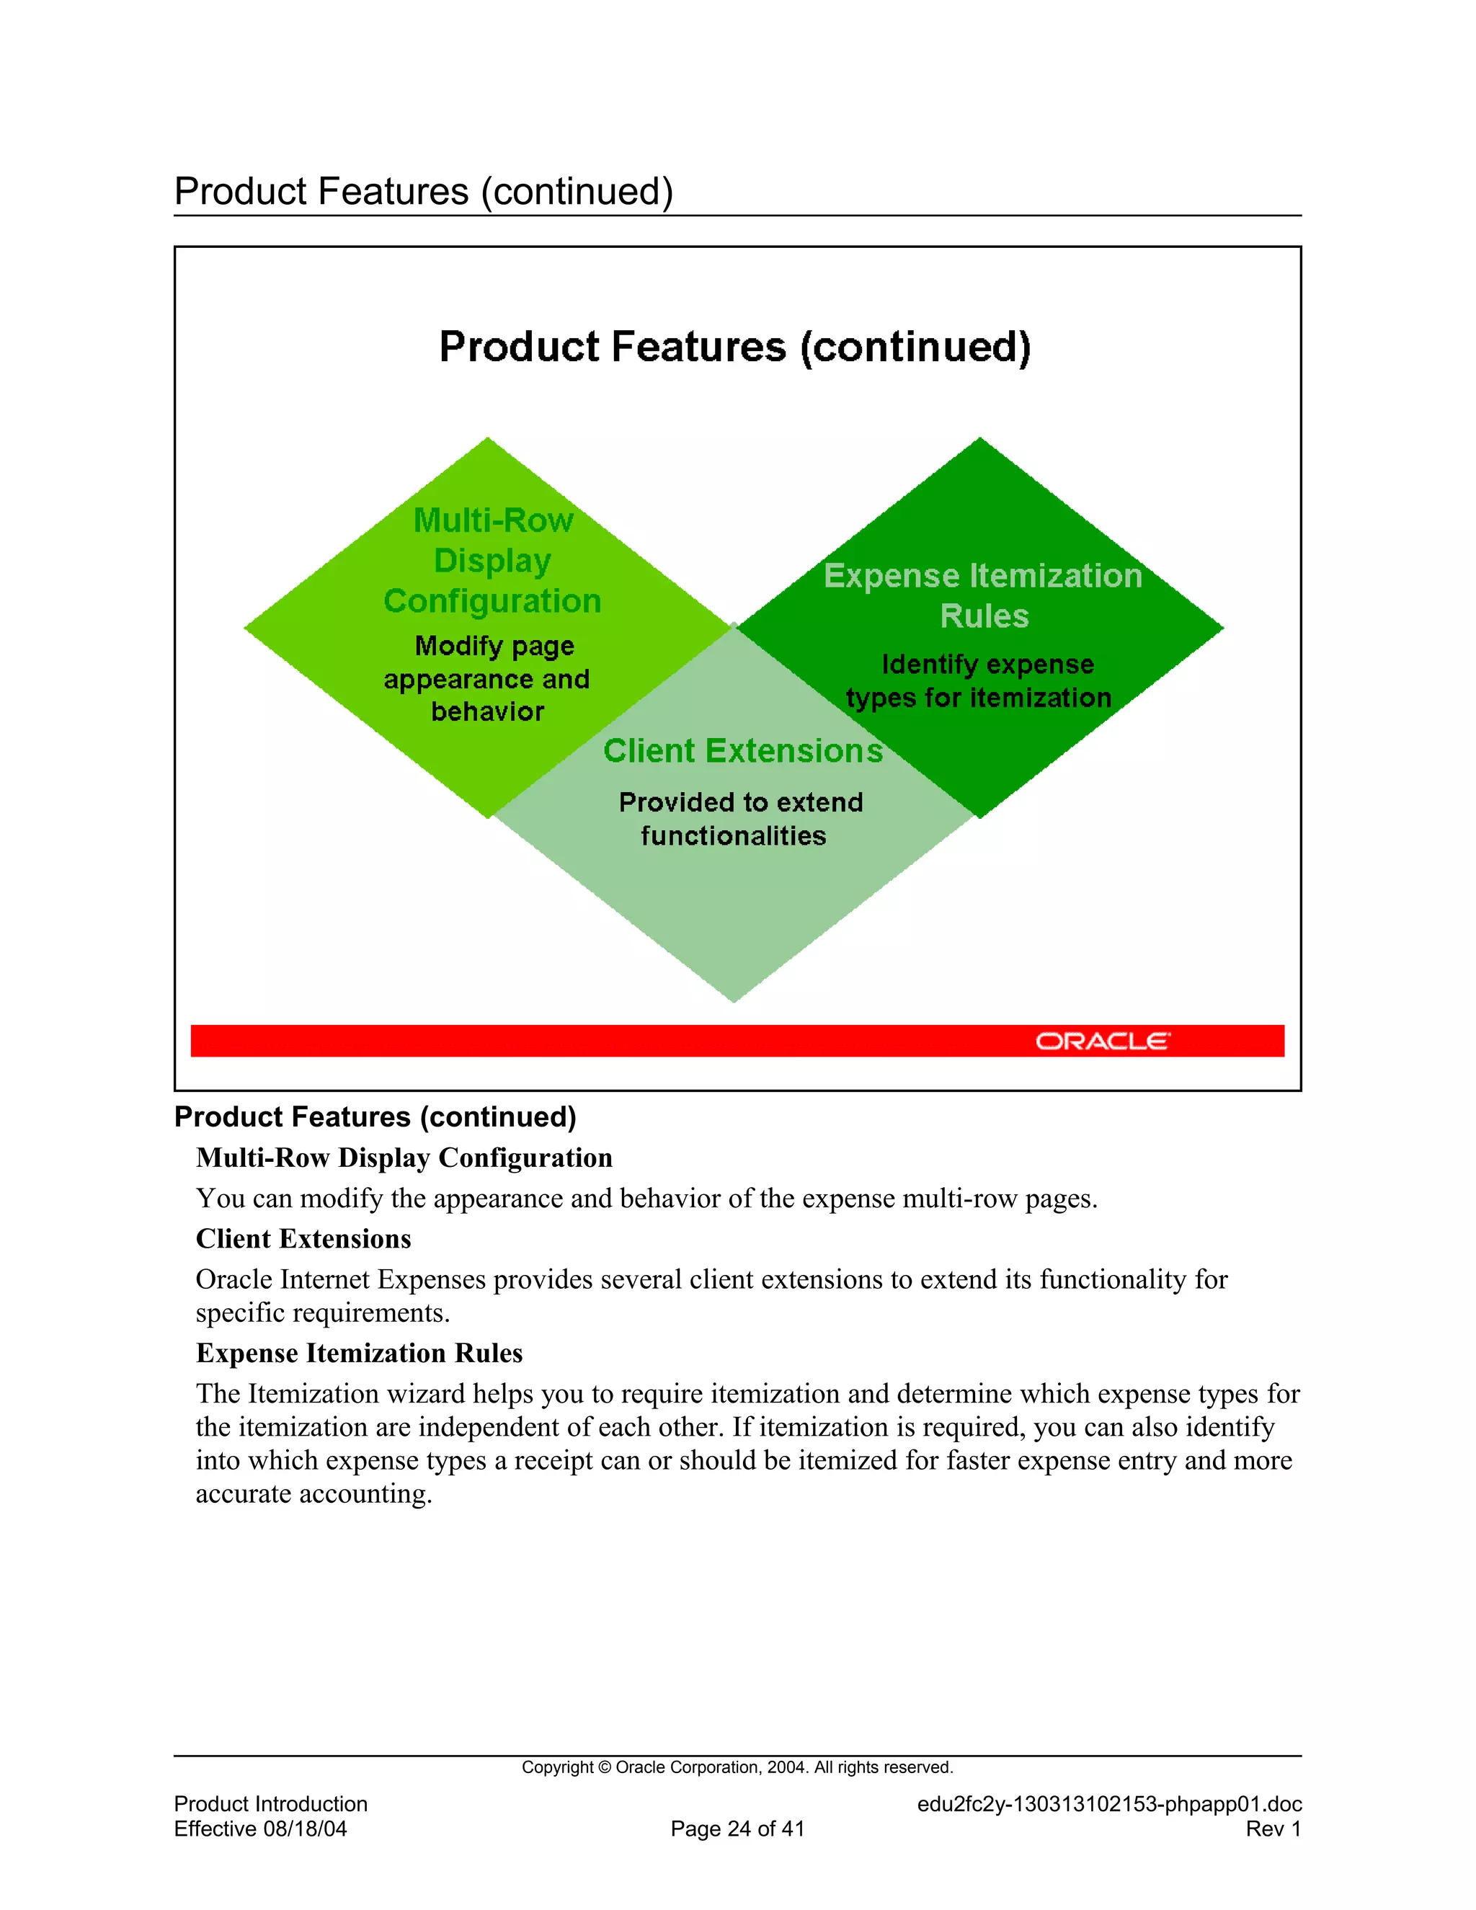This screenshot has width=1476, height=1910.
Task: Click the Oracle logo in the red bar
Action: pyautogui.click(x=1102, y=1041)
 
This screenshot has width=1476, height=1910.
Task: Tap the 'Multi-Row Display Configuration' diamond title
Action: pyautogui.click(x=492, y=561)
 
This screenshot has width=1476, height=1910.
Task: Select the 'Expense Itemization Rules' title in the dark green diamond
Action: pyautogui.click(x=983, y=595)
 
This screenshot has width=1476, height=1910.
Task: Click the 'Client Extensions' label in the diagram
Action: pyautogui.click(x=742, y=751)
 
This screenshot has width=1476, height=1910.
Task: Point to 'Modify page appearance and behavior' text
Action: pyautogui.click(x=487, y=679)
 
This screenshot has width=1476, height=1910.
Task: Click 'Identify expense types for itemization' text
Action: pyautogui.click(x=979, y=680)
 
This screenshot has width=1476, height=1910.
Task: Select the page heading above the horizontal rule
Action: pyautogui.click(x=423, y=192)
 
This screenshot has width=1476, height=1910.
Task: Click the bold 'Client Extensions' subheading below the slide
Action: pyautogui.click(x=303, y=1238)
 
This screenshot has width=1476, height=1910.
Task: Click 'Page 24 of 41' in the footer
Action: pyautogui.click(x=737, y=1829)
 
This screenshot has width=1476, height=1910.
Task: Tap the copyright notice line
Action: pyautogui.click(x=737, y=1767)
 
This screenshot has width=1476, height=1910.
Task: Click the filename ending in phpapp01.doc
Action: pyautogui.click(x=1108, y=1803)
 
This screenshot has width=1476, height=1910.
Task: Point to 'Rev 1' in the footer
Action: pyautogui.click(x=1273, y=1829)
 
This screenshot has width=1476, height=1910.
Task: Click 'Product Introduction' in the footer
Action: pyautogui.click(x=270, y=1803)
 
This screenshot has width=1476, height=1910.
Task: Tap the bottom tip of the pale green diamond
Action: pyautogui.click(x=734, y=1000)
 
